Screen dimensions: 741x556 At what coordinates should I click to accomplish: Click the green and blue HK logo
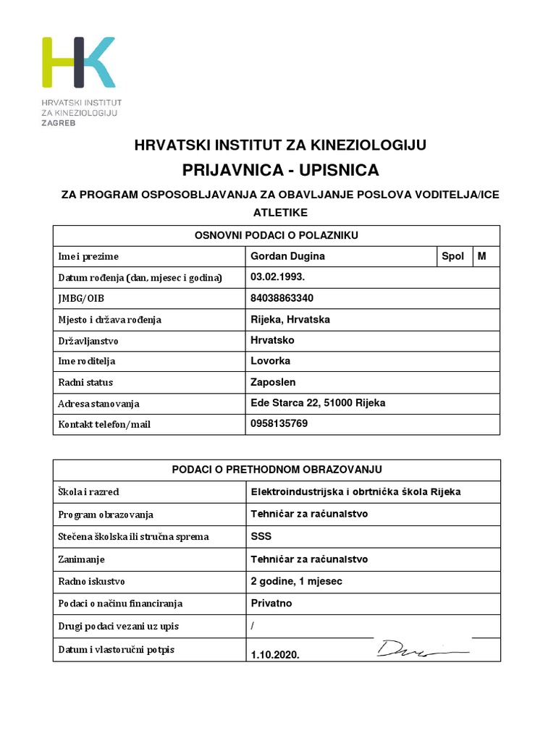coord(78,62)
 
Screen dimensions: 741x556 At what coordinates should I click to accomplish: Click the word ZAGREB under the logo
coord(58,123)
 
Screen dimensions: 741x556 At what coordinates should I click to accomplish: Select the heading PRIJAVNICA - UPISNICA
coord(280,170)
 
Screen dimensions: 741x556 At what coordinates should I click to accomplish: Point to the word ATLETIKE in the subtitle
coord(280,212)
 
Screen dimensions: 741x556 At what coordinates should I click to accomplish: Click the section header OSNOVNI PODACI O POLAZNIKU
coord(276,235)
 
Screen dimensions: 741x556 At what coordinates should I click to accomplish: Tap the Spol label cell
coord(452,256)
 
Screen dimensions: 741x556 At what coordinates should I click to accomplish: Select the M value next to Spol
coord(482,256)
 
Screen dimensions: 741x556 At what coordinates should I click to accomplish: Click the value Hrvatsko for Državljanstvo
coord(272,340)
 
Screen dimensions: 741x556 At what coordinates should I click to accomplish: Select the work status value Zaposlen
coord(273,382)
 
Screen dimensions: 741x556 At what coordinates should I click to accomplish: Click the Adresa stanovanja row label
coord(98,403)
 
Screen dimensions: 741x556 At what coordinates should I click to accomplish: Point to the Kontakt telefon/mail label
coord(104,424)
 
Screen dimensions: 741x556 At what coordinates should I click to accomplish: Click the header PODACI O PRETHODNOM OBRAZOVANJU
coord(276,470)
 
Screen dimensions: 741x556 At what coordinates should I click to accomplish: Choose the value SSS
coord(261,536)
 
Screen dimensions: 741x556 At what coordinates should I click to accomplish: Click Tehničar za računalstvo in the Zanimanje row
coord(309,559)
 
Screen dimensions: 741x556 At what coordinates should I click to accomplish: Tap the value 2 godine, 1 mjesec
coord(296,581)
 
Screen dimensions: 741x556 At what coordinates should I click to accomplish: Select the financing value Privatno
coord(271,603)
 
